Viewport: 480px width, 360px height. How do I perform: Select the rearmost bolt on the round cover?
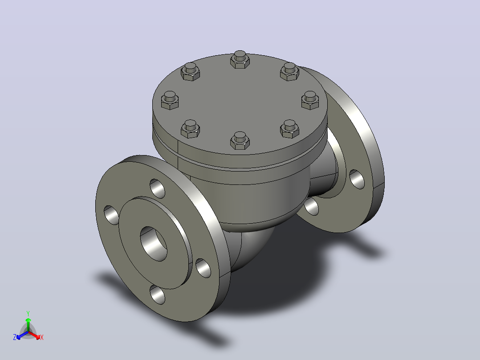pyautogui.click(x=240, y=59)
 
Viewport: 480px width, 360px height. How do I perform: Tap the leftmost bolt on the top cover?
pyautogui.click(x=170, y=101)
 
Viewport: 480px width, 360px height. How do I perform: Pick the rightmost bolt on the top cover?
pyautogui.click(x=310, y=100)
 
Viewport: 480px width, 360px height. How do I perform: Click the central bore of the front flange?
pyautogui.click(x=154, y=244)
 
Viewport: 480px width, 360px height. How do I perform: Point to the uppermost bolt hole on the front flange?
pyautogui.click(x=157, y=188)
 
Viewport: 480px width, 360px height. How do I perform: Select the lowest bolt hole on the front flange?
pyautogui.click(x=157, y=295)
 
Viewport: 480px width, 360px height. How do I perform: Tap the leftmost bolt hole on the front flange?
pyautogui.click(x=111, y=215)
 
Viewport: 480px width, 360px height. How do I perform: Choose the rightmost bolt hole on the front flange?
pyautogui.click(x=203, y=268)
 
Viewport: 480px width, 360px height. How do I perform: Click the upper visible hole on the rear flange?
pyautogui.click(x=357, y=179)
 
